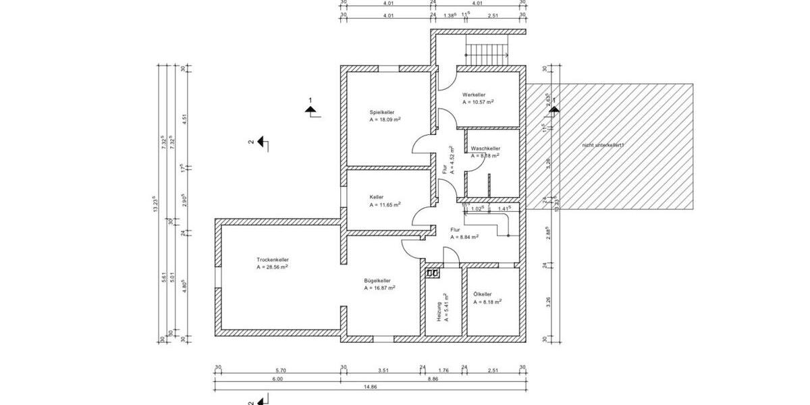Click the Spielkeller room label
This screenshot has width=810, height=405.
pos(381,112)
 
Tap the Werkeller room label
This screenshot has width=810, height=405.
pos(474,94)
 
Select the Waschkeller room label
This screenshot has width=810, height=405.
pos(485,148)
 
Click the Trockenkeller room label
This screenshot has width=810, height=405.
pos(273,259)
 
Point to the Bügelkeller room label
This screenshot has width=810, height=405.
pos(377,280)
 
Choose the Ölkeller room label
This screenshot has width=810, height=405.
pos(483,294)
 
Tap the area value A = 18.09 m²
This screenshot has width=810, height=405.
pos(385,119)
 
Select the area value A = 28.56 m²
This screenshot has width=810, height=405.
pos(273,267)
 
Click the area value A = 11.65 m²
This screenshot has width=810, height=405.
pos(385,204)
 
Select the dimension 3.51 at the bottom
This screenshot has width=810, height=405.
pos(383,370)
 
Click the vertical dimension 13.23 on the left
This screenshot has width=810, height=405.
pos(155,204)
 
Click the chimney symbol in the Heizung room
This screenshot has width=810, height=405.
pos(433,273)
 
